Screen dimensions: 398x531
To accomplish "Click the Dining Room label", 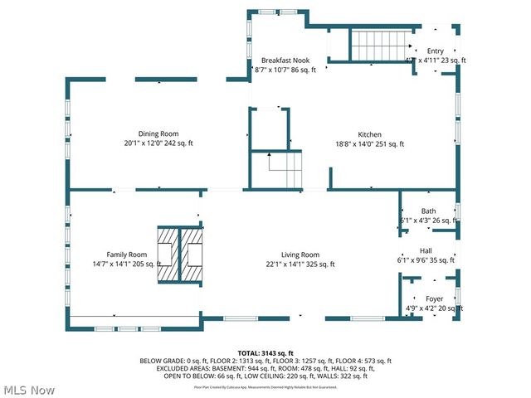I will (x=158, y=133).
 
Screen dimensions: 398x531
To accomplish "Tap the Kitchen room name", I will (x=369, y=134).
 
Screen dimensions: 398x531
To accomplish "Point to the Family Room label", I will (x=127, y=255).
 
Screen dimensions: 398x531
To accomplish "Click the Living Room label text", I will (x=300, y=255).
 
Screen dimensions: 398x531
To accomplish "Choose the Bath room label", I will (x=428, y=211).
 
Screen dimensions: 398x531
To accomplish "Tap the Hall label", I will (x=426, y=250).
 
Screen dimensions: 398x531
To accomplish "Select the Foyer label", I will (x=435, y=298).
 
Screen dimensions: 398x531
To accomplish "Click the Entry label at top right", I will (x=436, y=51).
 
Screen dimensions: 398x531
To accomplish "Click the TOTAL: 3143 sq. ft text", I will (x=265, y=353).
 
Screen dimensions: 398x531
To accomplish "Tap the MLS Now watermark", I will (x=29, y=389).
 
